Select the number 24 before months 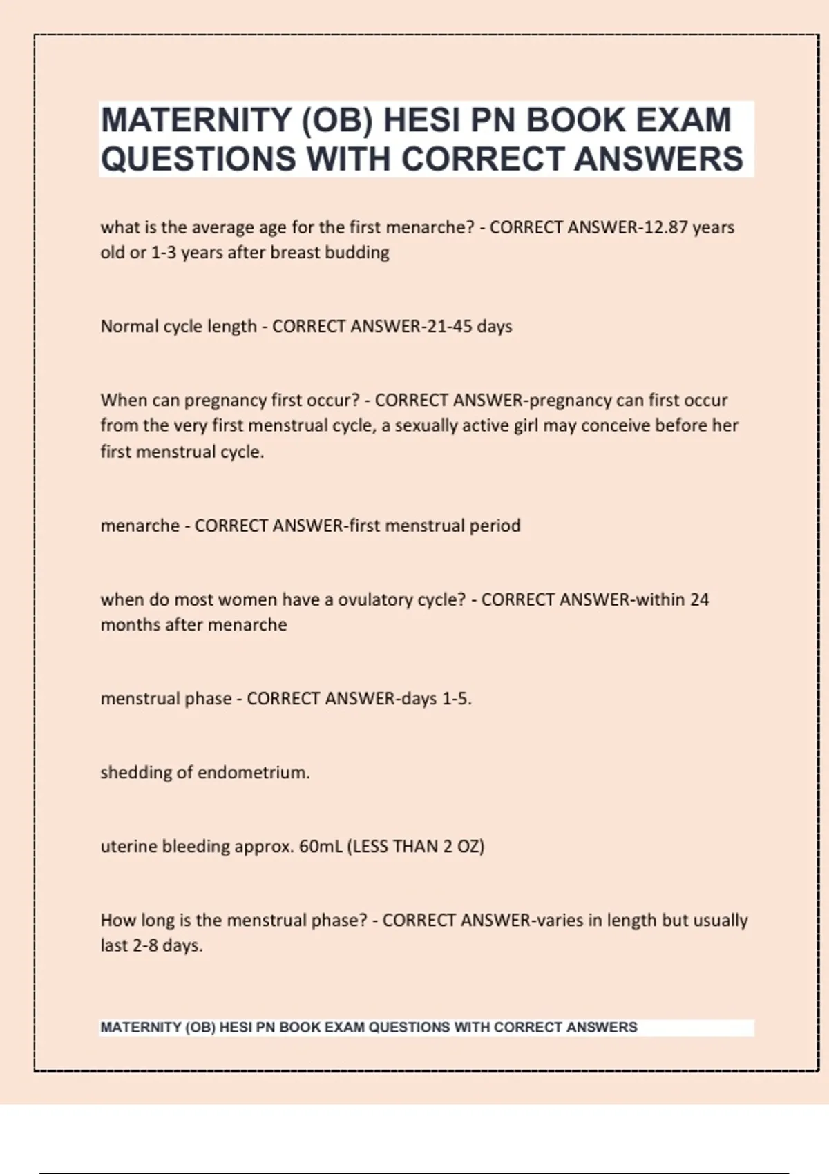pyautogui.click(x=699, y=599)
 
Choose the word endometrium pyautogui.click(x=253, y=772)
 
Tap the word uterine pyautogui.click(x=128, y=846)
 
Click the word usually pyautogui.click(x=712, y=921)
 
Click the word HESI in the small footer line pyautogui.click(x=236, y=1028)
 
